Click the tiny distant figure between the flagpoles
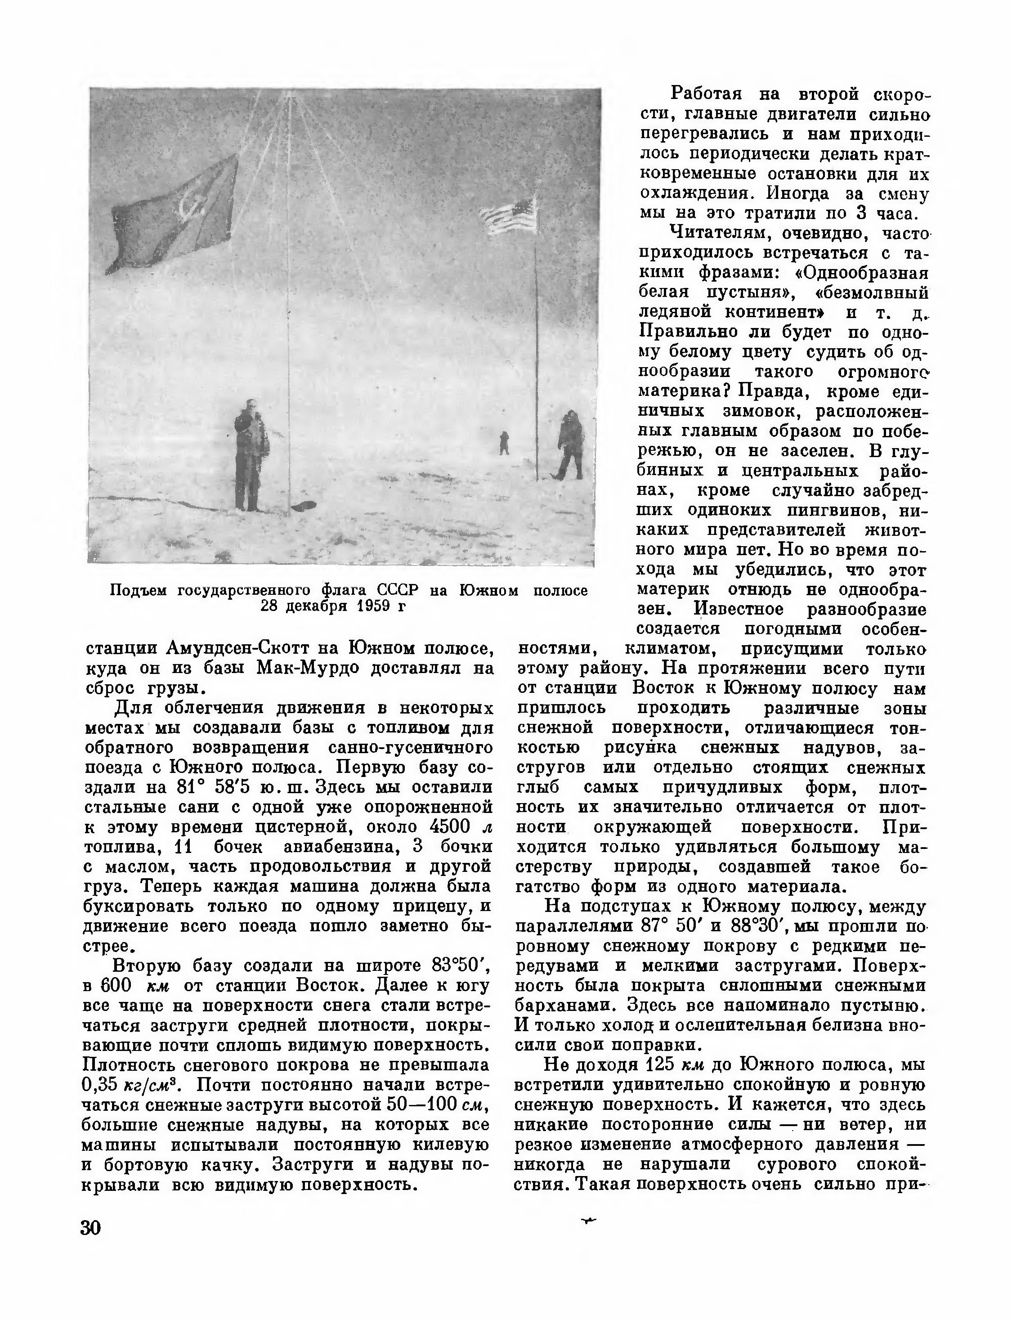[504, 443]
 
